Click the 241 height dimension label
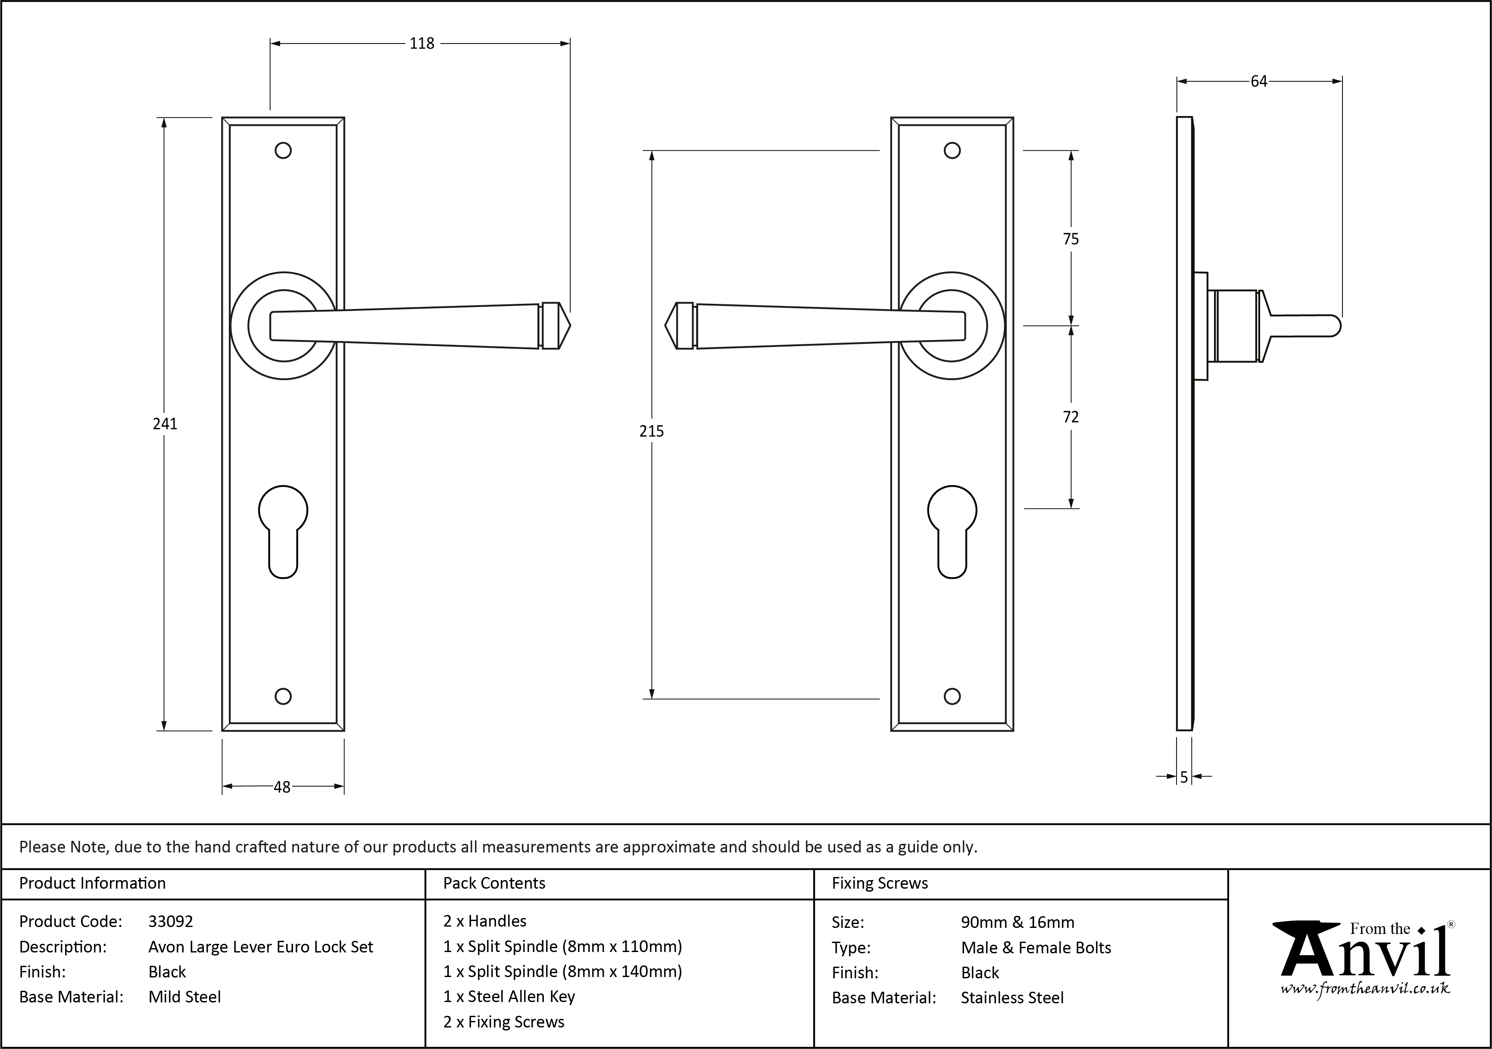(x=165, y=424)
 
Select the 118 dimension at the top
(x=422, y=44)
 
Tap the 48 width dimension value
(x=282, y=787)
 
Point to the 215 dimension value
(x=652, y=431)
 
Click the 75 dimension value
(x=1071, y=239)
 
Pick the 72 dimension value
(x=1071, y=417)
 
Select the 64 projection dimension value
(x=1259, y=81)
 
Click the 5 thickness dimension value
(x=1184, y=777)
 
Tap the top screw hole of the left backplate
(x=283, y=151)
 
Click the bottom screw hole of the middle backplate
(x=952, y=696)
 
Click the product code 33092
(x=171, y=921)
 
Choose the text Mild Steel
(x=184, y=997)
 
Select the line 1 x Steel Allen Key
(x=509, y=996)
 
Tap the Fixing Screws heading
(x=880, y=883)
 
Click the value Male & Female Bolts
(x=1036, y=948)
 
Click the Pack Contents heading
(x=494, y=883)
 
